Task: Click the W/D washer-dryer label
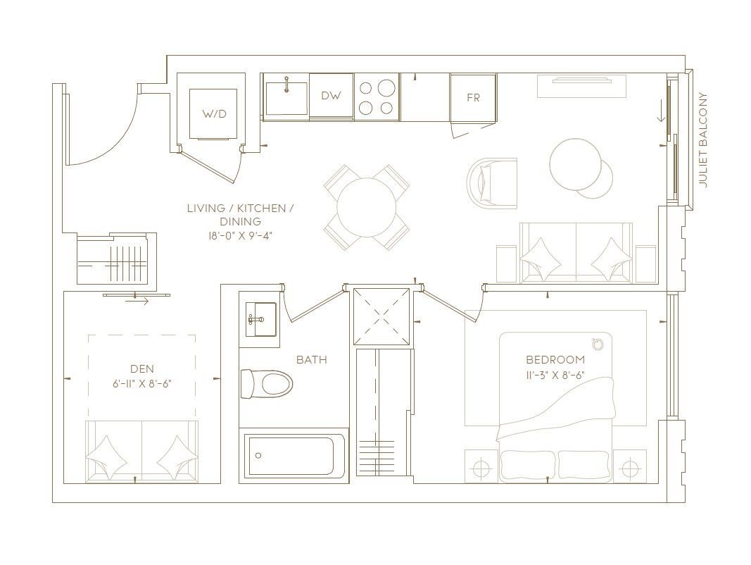213,114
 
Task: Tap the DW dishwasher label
331,95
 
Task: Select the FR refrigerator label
473,98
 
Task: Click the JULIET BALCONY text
702,139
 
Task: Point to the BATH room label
312,359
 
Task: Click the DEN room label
142,368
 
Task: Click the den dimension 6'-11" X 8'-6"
142,383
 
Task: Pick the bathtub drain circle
258,456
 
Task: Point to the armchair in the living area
493,184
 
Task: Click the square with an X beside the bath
381,316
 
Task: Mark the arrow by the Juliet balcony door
662,113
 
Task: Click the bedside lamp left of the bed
481,466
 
